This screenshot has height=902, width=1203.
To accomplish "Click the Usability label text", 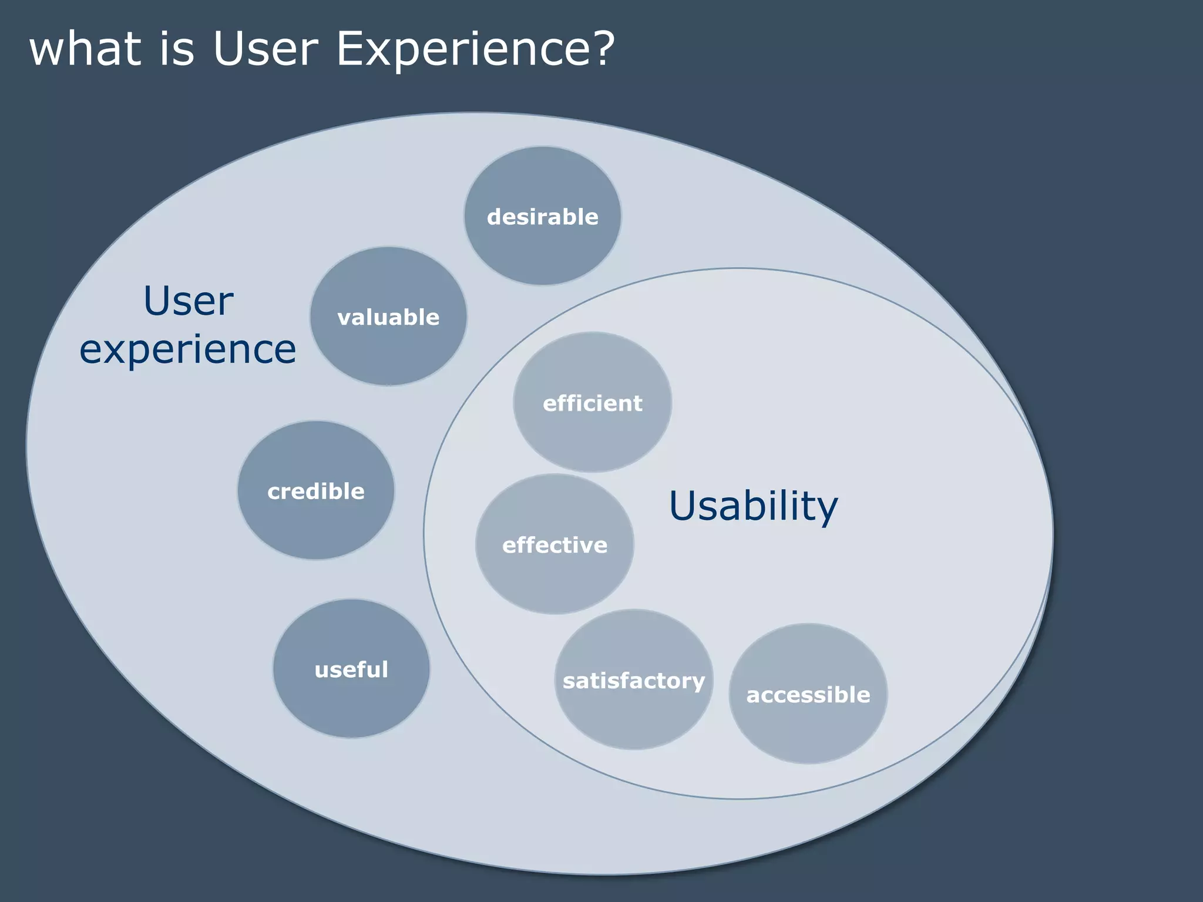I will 753,506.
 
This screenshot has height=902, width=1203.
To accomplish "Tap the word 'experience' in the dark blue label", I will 187,349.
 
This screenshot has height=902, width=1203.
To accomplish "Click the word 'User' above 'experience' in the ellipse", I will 188,301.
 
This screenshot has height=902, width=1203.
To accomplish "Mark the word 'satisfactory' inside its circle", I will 634,681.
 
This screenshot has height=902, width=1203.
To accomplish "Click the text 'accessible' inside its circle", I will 808,695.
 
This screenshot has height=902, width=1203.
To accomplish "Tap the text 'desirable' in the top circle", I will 542,217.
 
